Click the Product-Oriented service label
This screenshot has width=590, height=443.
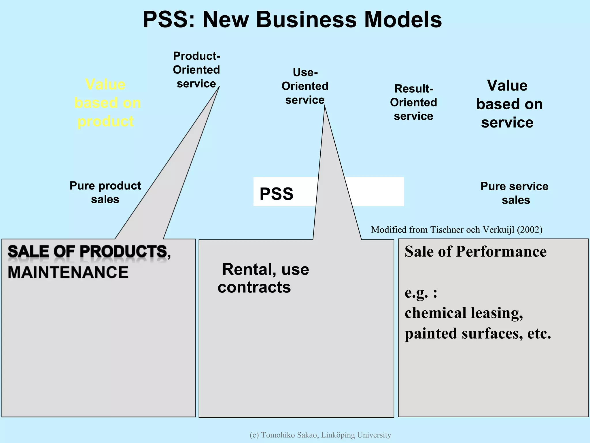(196, 70)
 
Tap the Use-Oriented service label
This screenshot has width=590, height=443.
(305, 86)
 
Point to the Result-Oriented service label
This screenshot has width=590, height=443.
(413, 102)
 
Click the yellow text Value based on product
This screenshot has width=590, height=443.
(107, 103)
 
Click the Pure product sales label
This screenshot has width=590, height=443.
(105, 192)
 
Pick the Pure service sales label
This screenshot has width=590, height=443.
(515, 193)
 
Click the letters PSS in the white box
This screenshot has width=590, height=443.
(276, 194)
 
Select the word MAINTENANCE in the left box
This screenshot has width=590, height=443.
(68, 272)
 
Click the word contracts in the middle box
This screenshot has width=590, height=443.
(254, 287)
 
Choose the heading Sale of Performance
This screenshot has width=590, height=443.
(475, 251)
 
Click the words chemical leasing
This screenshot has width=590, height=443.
(464, 313)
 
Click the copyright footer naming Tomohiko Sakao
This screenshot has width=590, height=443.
(320, 435)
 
